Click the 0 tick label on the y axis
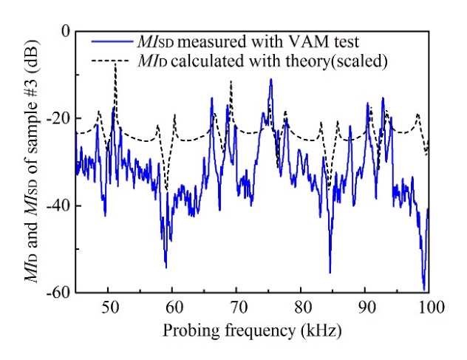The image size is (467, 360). (x=64, y=31)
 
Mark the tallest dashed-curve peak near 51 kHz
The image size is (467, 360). (x=115, y=64)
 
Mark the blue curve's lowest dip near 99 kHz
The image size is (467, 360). (x=424, y=289)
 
